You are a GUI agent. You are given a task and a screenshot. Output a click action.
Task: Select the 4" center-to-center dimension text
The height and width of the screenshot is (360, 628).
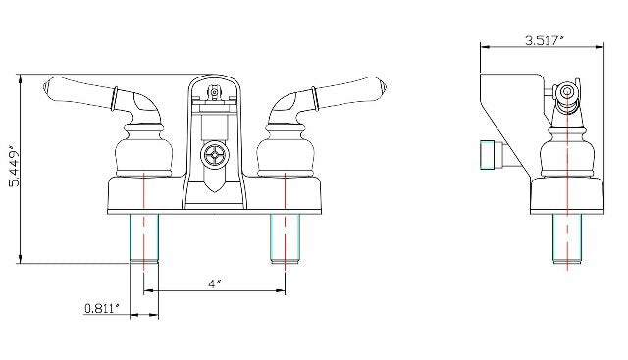214,283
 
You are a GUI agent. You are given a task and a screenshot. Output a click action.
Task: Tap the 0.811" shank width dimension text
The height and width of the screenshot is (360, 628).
102,308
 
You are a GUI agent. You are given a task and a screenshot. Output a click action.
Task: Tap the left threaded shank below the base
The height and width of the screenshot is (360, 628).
144,239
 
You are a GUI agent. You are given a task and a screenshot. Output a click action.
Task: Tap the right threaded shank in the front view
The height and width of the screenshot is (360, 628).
285,239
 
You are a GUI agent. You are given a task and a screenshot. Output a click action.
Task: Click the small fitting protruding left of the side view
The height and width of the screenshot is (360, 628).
487,154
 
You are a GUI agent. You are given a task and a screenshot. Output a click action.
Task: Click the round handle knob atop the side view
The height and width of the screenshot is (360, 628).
566,93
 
